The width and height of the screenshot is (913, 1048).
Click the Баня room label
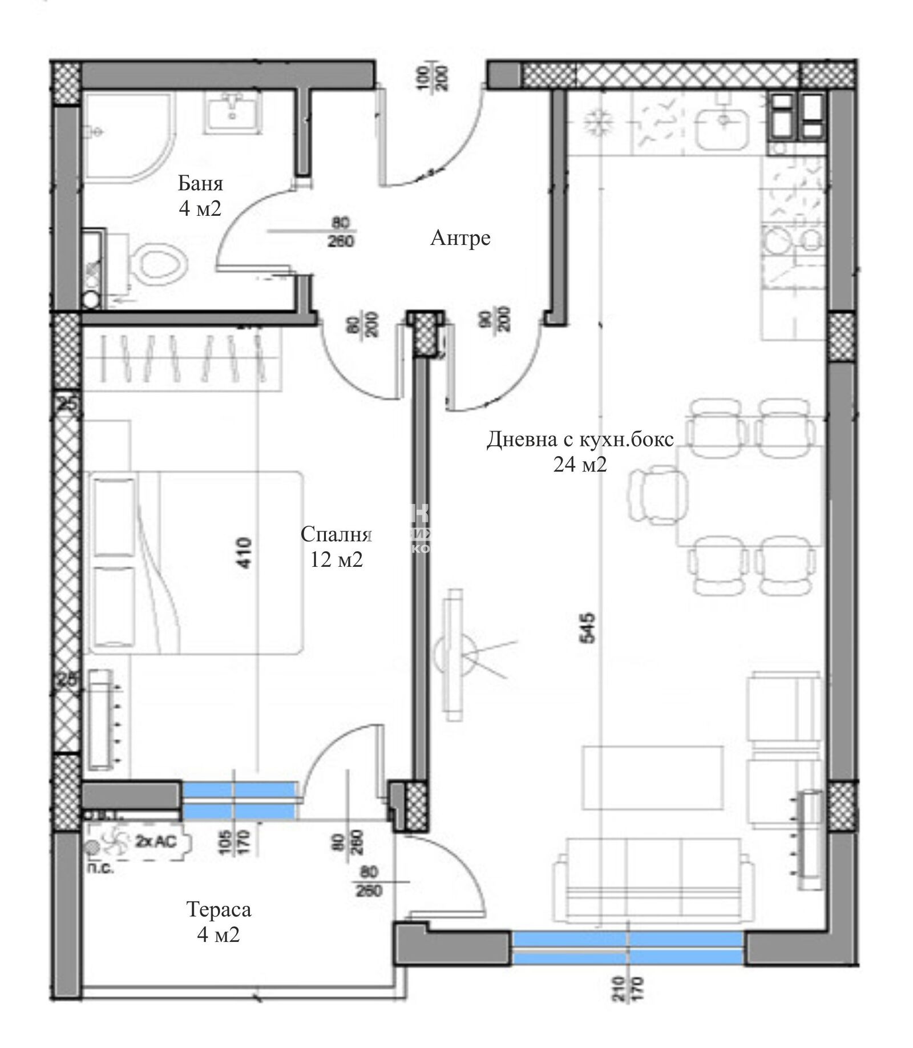point(200,184)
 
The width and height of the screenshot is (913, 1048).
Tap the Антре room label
point(460,237)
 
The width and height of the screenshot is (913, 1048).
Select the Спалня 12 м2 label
point(336,547)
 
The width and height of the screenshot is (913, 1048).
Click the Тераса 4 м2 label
point(219,921)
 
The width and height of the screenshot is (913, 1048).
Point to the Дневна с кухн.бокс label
point(580,440)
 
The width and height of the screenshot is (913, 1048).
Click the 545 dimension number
point(587,628)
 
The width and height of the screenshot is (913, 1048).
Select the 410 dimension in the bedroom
point(244,552)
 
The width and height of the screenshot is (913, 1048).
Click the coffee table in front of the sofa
point(652,777)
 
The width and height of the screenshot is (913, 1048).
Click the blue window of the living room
point(628,948)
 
